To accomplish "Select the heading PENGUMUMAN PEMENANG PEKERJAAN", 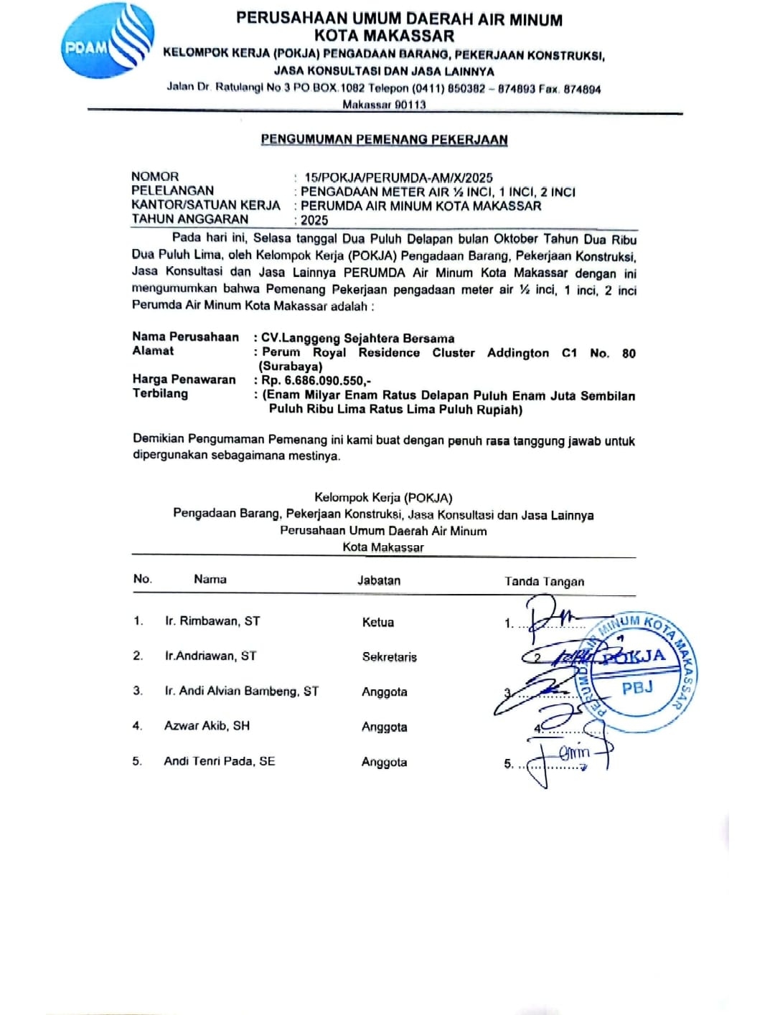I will pos(384,140).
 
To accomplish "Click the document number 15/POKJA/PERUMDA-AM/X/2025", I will pos(398,177).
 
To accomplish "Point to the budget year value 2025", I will pos(314,220).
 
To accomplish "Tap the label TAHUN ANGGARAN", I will pos(189,219).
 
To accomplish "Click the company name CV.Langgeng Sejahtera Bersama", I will pos(357,338).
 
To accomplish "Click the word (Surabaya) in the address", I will pos(291,367).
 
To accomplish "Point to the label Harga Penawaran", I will pos(184,379).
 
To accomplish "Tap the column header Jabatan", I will pos(379,580).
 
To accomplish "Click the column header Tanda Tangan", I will pos(544,582).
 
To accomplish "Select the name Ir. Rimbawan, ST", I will pos(212,621).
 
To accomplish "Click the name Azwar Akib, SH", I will pos(207,726).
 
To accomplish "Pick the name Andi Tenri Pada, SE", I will pos(219,761).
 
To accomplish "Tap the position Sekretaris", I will pos(389,657).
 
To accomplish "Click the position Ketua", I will pos(377,623).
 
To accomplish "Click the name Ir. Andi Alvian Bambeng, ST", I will pos(241,691).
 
